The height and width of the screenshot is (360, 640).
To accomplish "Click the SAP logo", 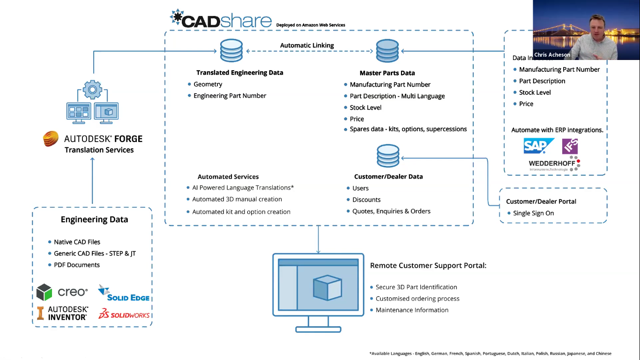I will tap(538, 146).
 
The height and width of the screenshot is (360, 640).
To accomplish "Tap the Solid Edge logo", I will tap(124, 293).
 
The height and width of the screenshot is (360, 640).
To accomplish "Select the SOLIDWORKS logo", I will tap(124, 315).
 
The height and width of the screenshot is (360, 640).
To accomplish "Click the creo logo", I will tap(62, 292).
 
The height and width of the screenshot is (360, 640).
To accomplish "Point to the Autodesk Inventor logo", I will tap(62, 313).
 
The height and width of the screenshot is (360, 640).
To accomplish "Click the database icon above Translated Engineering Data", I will tap(231, 50).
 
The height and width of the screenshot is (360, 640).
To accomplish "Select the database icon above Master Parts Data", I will tap(387, 50).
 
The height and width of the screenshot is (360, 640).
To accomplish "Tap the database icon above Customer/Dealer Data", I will tap(388, 156).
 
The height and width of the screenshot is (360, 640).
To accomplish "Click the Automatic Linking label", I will tap(307, 45).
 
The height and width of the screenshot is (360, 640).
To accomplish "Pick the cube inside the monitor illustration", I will tap(327, 287).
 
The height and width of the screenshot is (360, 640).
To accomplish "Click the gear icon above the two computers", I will tap(92, 89).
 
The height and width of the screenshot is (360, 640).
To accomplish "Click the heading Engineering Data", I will tap(94, 219).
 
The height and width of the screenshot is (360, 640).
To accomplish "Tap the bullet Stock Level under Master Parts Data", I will tap(365, 107).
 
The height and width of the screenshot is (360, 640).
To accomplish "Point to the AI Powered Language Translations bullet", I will tap(243, 187).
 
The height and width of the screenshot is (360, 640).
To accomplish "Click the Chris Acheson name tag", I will tap(552, 55).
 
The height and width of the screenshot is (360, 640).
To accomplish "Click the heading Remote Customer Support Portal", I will tap(428, 265).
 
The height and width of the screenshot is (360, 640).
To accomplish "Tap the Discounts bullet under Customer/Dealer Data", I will tap(366, 200).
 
